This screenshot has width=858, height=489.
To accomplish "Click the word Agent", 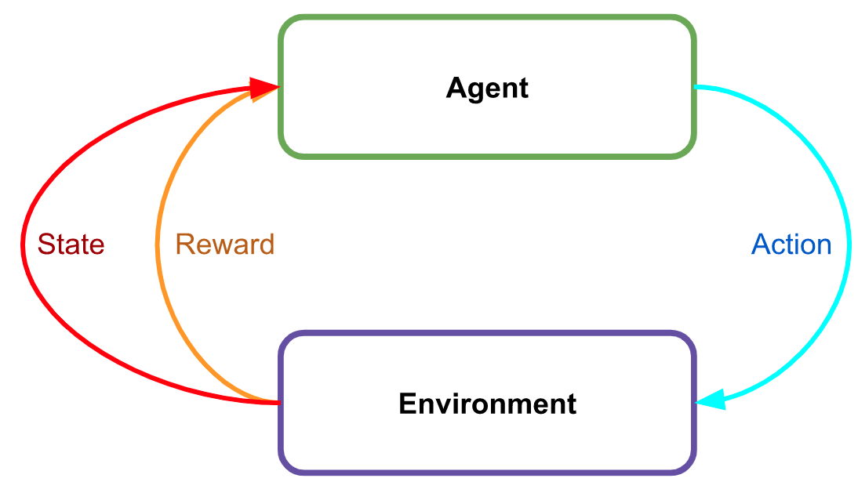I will click(x=487, y=88).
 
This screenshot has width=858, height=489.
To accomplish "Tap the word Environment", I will click(x=487, y=404).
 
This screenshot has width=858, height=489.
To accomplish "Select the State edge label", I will click(x=71, y=244).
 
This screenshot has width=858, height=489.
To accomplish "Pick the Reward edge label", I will click(x=224, y=244).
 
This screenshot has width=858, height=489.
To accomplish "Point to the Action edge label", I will click(x=791, y=244).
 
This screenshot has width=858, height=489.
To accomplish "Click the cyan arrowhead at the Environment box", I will click(x=709, y=401).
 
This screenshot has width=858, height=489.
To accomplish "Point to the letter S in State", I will click(x=45, y=244).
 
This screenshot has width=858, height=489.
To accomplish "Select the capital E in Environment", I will click(x=406, y=404).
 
